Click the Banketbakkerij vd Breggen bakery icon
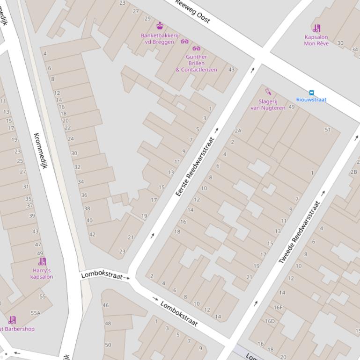pyautogui.click(x=160, y=26)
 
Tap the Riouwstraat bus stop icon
pyautogui.click(x=311, y=93)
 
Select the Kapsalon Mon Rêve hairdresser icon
pyautogui.click(x=316, y=28)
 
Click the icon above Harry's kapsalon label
pyautogui.click(x=42, y=261)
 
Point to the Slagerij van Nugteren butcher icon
pyautogui.click(x=268, y=92)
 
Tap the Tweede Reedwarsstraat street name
pyautogui.click(x=300, y=232)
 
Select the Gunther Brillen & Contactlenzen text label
pyautogui.click(x=196, y=63)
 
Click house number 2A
pyautogui.click(x=238, y=131)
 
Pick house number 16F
pyautogui.click(x=278, y=308)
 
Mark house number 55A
pyautogui.click(x=36, y=313)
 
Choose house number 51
pyautogui.click(x=327, y=130)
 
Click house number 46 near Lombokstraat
pyautogui.click(x=105, y=305)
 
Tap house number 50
pyautogui.click(x=108, y=345)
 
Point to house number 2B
pyautogui.click(x=353, y=172)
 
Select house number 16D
pyautogui.click(x=270, y=321)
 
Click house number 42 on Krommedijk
pyautogui.click(x=92, y=235)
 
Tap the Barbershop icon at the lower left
pyautogui.click(x=12, y=320)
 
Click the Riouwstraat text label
pyautogui.click(x=311, y=100)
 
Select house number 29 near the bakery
pyautogui.click(x=147, y=19)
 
